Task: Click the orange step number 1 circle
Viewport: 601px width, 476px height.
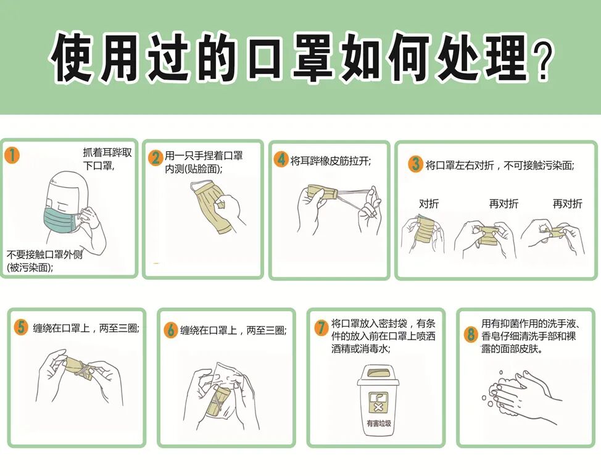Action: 12,156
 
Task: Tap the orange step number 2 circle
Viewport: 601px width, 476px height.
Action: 155,158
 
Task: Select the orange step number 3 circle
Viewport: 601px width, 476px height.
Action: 416,164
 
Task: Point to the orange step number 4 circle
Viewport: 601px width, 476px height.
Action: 281,159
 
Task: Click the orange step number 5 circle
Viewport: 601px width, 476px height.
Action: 21,327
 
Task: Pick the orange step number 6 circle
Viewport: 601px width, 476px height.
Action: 170,330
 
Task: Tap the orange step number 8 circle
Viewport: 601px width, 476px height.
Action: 471,334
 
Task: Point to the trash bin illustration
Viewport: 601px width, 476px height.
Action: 378,400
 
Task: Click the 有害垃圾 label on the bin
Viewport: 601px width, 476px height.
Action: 379,424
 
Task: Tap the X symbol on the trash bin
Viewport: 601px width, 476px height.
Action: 378,407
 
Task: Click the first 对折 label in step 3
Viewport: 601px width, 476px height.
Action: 429,203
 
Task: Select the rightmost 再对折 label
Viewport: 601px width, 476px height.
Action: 567,203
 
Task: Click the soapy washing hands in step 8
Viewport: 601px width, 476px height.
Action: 521,395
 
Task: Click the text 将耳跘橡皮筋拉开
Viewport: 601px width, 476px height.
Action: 330,161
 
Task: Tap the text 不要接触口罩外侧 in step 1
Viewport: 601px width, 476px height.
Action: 44,254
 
